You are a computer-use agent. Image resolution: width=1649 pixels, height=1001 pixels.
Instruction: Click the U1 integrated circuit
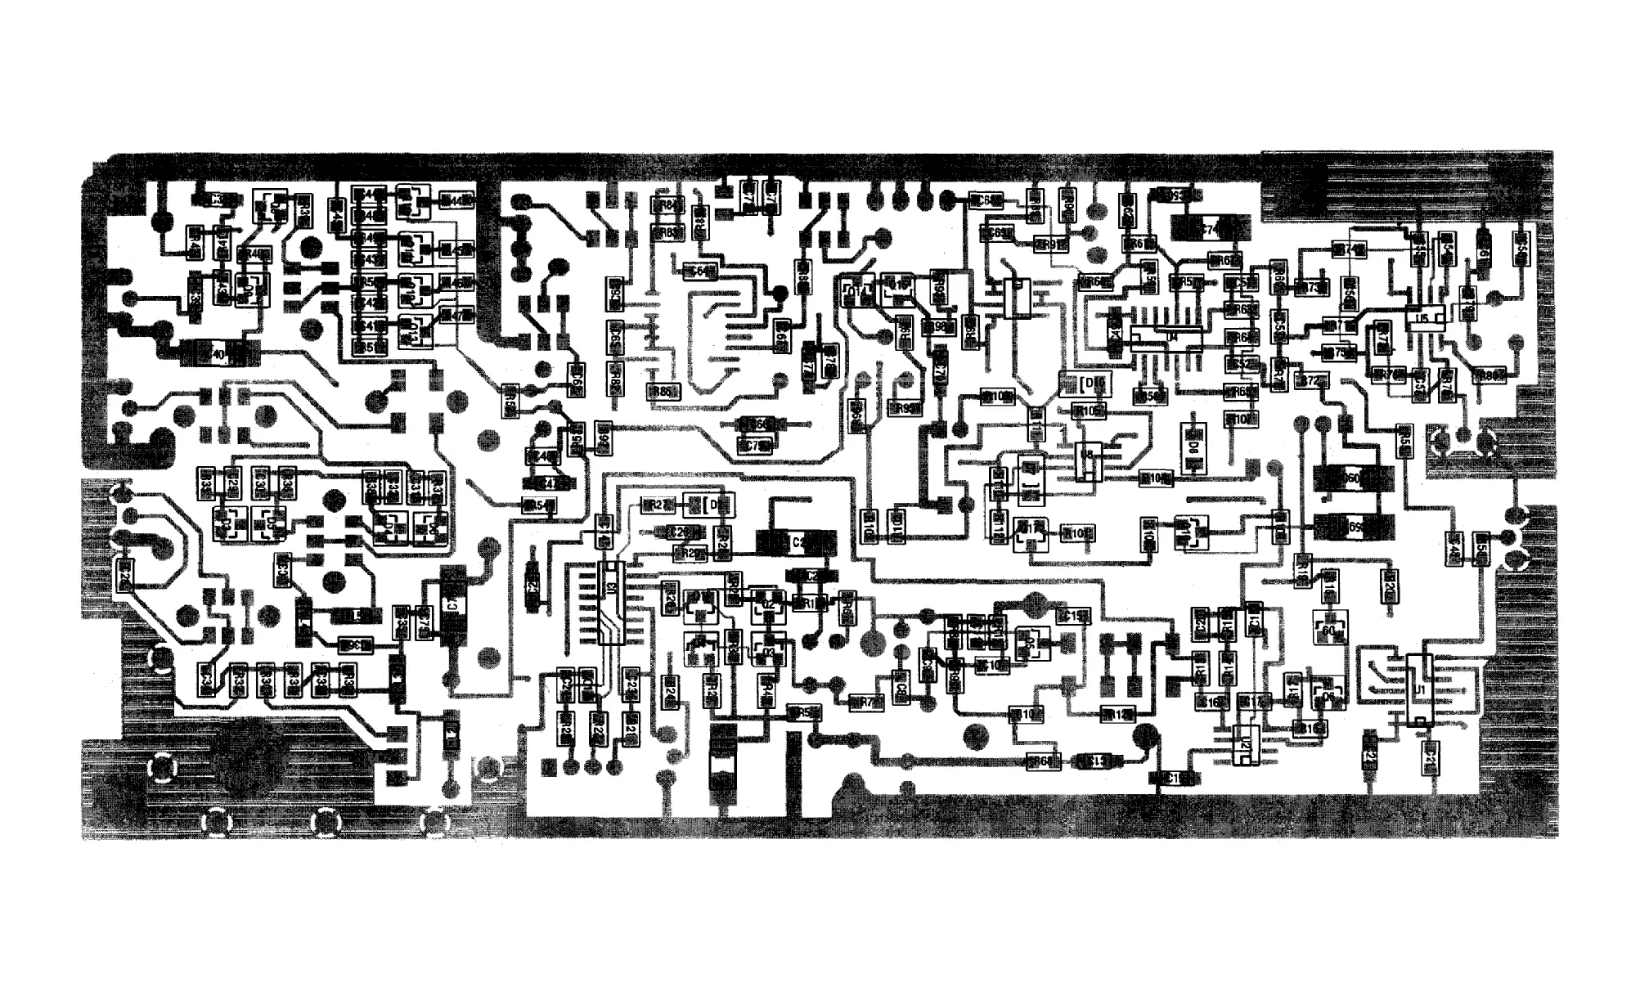pos(1421,692)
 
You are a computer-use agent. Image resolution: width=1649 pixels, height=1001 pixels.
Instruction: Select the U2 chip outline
pos(1246,745)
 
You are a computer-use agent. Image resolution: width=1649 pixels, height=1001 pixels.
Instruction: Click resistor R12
pos(1117,714)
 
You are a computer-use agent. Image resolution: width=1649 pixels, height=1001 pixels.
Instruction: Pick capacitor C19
pos(1176,778)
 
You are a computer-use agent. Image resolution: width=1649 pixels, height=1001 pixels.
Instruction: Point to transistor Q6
pos(1328,695)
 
